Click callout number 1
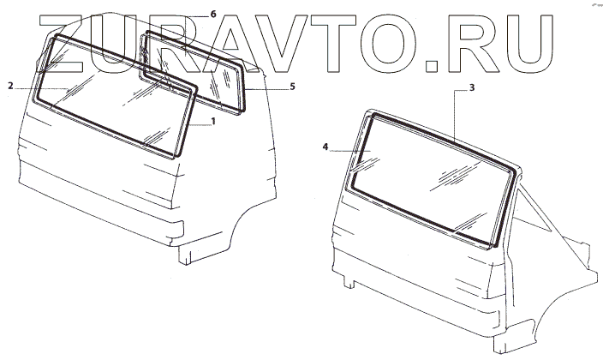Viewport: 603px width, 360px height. (213, 122)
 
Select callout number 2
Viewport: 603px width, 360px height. (9, 86)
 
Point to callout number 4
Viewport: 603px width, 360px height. (326, 147)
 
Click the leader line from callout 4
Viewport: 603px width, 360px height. (347, 148)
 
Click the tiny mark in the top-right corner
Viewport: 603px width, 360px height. (590, 5)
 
